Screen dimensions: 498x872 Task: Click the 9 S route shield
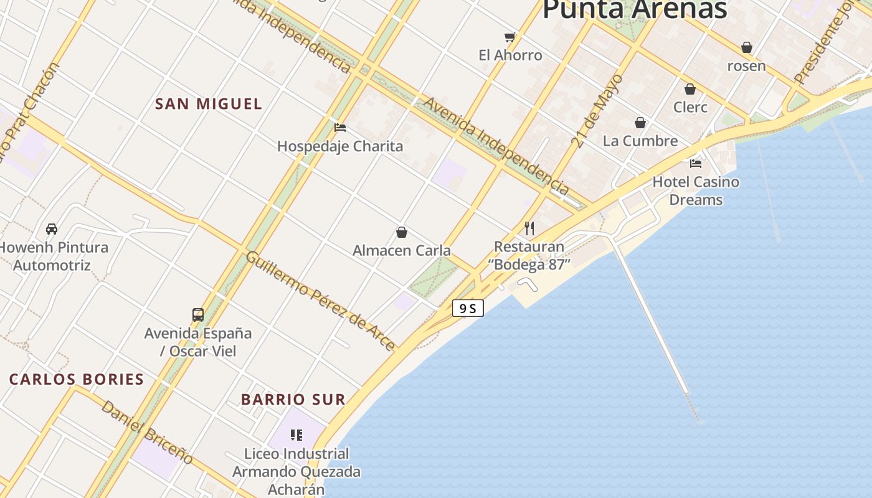(468, 308)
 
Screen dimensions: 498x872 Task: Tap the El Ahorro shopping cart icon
(510, 37)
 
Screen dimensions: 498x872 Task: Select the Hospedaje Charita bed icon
(340, 128)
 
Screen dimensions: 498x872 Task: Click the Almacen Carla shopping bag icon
(402, 232)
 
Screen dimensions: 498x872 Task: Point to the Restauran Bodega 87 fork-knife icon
(529, 228)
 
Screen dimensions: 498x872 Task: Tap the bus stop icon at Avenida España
(198, 314)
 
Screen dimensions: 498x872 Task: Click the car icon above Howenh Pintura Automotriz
(52, 229)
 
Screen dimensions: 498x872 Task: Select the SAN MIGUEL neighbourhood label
(209, 104)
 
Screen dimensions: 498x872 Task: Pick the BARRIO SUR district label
(293, 400)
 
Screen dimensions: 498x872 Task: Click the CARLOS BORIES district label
(77, 379)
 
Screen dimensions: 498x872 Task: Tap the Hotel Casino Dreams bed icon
(696, 164)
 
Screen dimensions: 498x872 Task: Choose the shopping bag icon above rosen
(747, 47)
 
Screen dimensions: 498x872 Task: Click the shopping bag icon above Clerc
(690, 89)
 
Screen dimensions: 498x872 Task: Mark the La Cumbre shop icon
(640, 123)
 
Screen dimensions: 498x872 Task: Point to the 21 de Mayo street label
(597, 111)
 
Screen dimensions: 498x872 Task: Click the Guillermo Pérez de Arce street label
(321, 301)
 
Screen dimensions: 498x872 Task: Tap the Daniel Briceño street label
(147, 431)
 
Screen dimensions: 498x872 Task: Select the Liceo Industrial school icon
(296, 435)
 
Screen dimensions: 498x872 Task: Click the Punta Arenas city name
(635, 9)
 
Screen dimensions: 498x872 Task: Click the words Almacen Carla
(402, 250)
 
